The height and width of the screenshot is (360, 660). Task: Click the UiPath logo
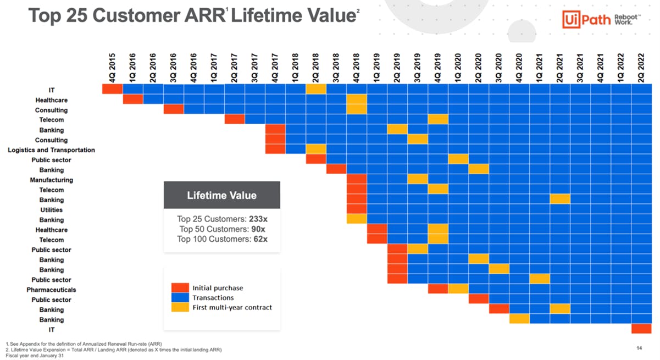pos(601,19)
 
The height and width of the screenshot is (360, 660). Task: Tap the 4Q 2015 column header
pos(112,68)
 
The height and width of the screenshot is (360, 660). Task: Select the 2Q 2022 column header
pos(641,68)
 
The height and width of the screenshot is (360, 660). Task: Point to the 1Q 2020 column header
pos(458,68)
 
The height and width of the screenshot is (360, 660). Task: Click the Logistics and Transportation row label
pos(51,150)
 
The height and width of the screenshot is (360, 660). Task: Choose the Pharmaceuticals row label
pos(51,290)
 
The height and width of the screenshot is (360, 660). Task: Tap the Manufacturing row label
pos(51,180)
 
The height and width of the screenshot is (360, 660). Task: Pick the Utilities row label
pos(51,210)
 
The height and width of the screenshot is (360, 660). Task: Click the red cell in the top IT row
pos(112,88)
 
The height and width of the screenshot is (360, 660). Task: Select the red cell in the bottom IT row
pos(641,329)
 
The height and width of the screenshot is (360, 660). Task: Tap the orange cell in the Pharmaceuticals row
pos(458,289)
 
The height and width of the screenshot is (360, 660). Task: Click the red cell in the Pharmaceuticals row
pos(438,289)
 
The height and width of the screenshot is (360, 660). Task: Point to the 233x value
pos(258,219)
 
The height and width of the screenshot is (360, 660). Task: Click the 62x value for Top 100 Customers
pos(260,239)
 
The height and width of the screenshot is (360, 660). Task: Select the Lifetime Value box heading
pos(222,195)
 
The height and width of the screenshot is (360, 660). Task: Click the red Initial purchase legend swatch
pos(180,287)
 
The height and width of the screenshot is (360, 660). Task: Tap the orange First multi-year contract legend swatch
pos(180,307)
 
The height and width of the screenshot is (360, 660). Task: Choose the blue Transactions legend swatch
pos(180,297)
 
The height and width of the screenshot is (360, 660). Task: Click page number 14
pos(639,348)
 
